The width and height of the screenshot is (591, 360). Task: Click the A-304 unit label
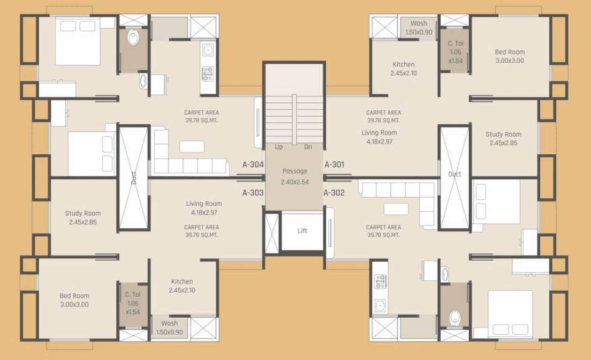(x=253, y=165)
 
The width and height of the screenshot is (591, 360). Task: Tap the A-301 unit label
(x=334, y=165)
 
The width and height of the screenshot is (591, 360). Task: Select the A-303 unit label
(x=253, y=192)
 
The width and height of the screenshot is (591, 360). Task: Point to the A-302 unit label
(x=334, y=192)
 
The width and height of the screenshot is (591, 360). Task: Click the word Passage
(x=295, y=171)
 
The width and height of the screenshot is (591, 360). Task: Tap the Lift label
(x=303, y=231)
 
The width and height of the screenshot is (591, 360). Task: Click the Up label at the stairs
(x=279, y=147)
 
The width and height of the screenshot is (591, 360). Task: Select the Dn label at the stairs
(x=308, y=147)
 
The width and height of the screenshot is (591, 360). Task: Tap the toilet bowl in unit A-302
(x=454, y=318)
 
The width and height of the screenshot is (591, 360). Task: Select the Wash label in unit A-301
(x=418, y=23)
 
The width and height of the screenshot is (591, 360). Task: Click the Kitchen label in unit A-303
(x=182, y=282)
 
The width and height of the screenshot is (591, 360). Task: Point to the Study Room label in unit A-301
(x=503, y=134)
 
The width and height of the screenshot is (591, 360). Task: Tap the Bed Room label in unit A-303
(x=74, y=296)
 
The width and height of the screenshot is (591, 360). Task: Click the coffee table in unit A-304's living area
(x=192, y=146)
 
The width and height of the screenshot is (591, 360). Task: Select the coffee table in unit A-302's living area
(x=396, y=209)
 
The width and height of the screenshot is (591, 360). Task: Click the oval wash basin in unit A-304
(x=143, y=81)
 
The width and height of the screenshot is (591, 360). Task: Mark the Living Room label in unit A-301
(x=379, y=133)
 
